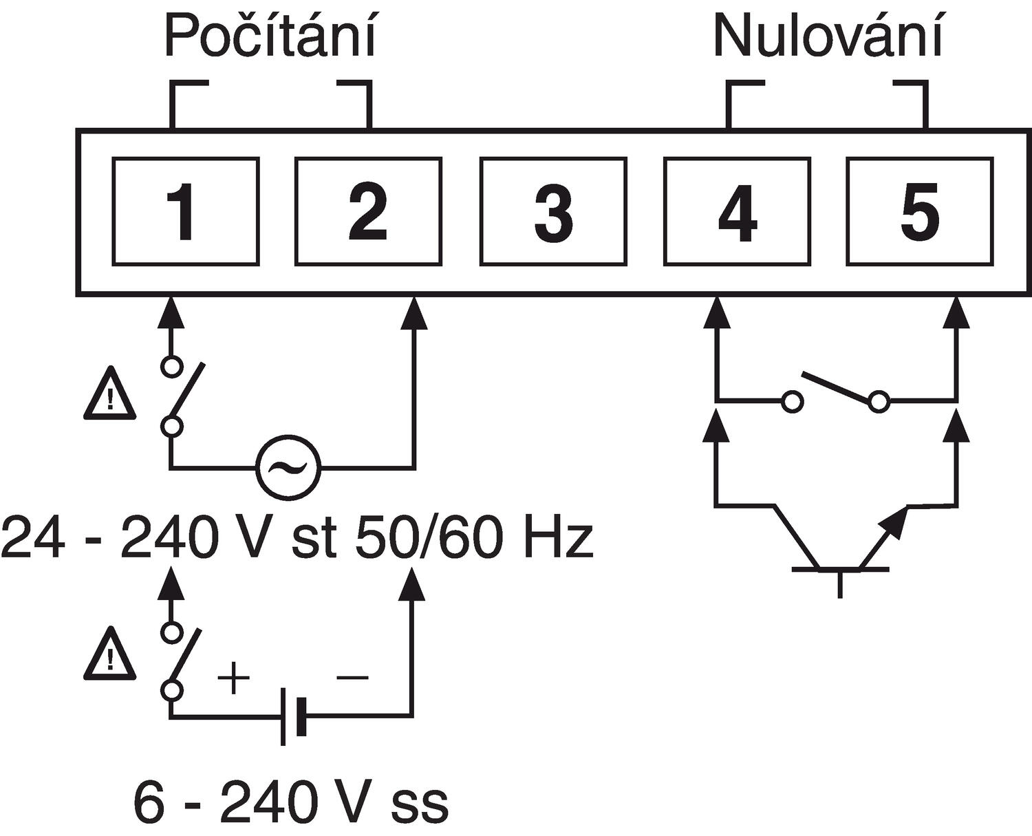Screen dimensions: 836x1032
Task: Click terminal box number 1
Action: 186,211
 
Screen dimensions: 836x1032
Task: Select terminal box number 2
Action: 368,211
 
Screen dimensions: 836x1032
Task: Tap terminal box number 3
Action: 552,211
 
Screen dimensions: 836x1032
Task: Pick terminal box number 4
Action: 737,211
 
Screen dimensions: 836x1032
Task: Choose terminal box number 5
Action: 919,211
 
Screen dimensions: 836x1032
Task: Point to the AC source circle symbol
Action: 288,469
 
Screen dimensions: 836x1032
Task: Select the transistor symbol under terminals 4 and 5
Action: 839,550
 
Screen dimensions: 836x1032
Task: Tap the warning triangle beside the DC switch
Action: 109,653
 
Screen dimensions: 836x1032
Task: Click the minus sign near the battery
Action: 352,678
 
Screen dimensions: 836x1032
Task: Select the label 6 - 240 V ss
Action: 290,801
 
